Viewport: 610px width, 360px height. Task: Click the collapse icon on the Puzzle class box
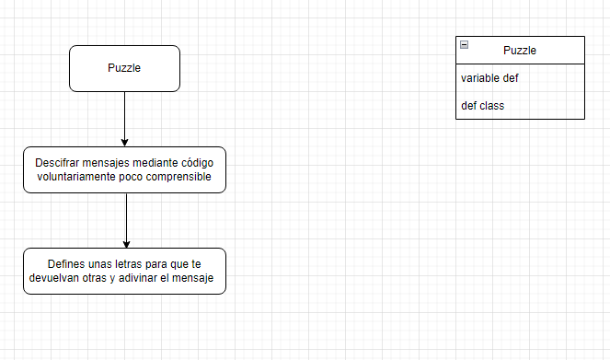[465, 45]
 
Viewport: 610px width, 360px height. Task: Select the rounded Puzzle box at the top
[124, 68]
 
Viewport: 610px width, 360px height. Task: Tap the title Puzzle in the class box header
[520, 51]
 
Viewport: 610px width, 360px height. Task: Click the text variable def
[489, 78]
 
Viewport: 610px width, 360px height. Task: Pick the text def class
[482, 106]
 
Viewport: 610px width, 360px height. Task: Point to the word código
[194, 162]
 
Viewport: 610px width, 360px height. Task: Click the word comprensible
[179, 176]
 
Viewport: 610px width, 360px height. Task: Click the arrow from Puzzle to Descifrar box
[124, 115]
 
